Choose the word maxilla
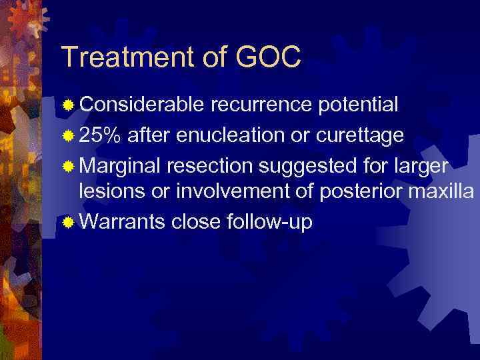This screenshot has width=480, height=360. tap(441, 192)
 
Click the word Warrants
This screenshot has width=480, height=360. tap(122, 221)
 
